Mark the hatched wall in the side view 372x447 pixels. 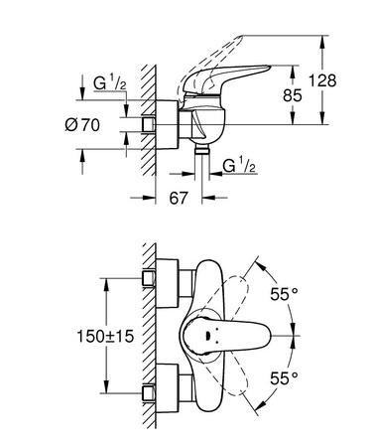pyautogui.click(x=146, y=119)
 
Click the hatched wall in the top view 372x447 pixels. pyautogui.click(x=146, y=338)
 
